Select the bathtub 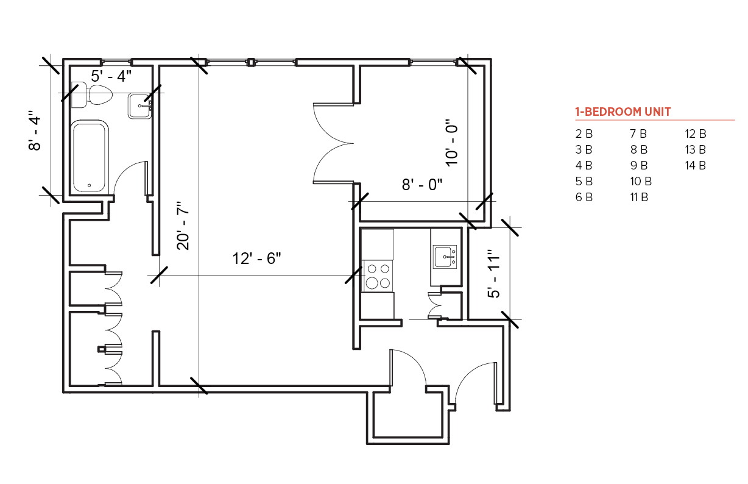point(90,157)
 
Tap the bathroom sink point(139,106)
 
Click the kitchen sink point(445,257)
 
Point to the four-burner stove point(378,276)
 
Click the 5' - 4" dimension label point(111,76)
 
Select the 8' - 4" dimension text point(35,130)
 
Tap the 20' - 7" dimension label point(183,226)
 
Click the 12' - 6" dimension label point(256,258)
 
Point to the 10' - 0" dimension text point(452,143)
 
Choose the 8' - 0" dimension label point(422,185)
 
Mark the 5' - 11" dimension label point(494,274)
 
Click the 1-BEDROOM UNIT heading point(623,112)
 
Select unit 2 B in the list point(584,133)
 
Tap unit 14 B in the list point(695,165)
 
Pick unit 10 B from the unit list point(641,182)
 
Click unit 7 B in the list point(638,133)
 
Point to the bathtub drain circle point(89,185)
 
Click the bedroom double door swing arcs point(333,143)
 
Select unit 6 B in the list point(584,198)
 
